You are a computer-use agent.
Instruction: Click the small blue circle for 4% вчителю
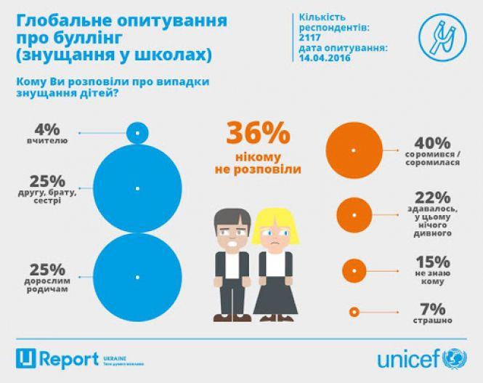138,132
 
